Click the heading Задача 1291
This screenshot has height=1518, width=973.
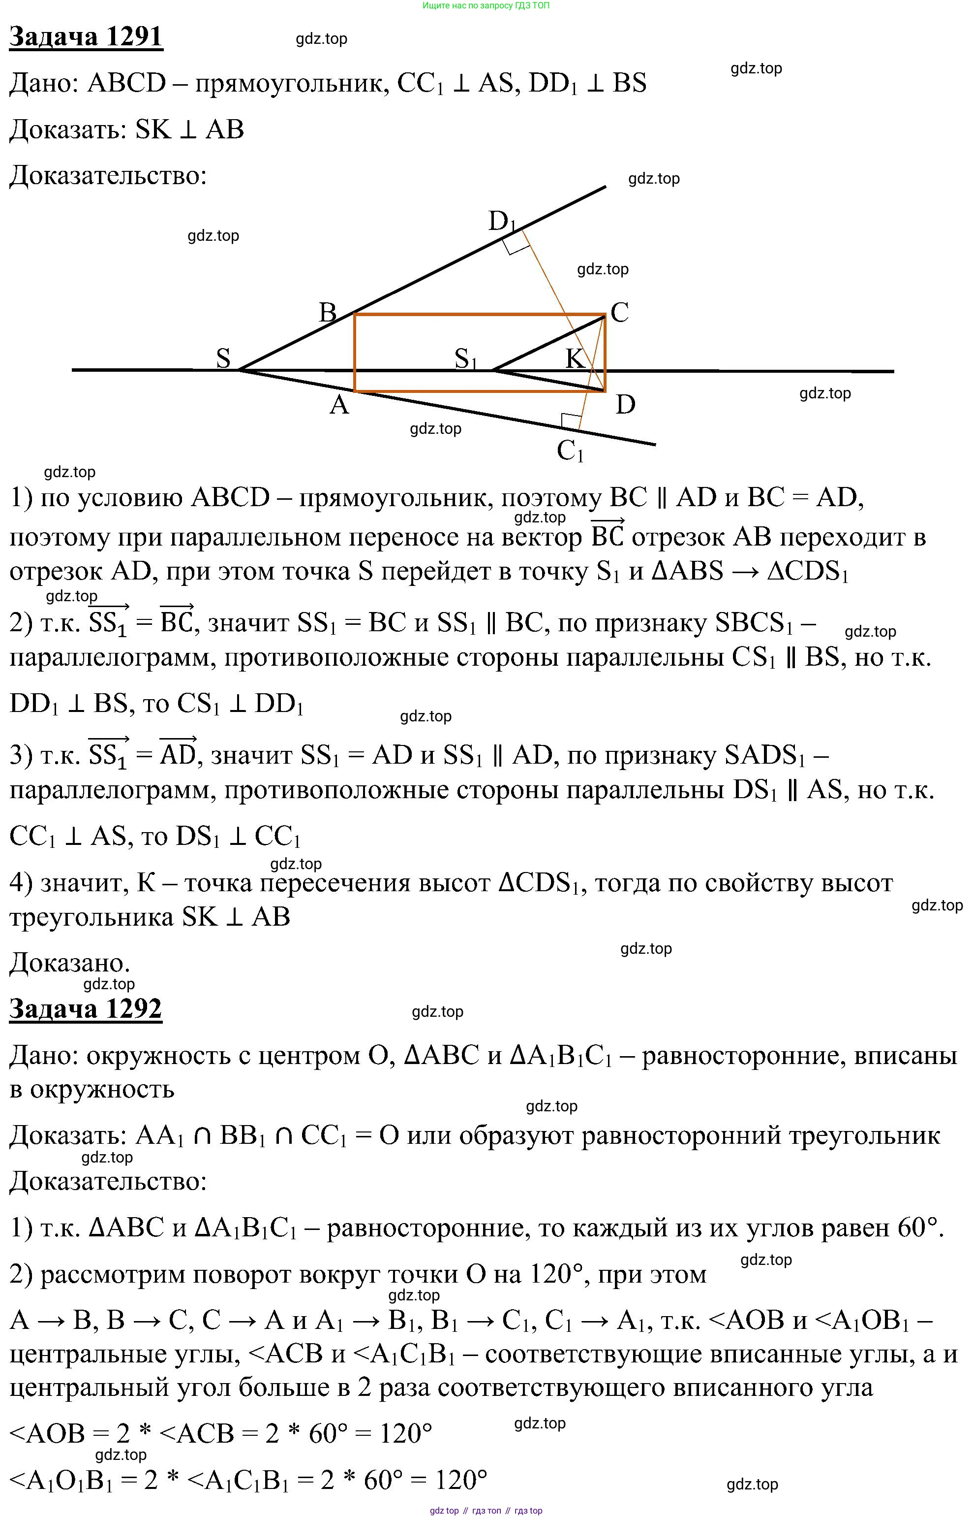[86, 36]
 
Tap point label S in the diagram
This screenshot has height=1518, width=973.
[223, 358]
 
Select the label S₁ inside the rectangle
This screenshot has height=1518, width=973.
[466, 359]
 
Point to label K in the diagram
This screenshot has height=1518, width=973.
[575, 358]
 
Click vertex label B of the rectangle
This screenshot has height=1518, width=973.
[327, 312]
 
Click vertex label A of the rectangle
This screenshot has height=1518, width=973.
[339, 405]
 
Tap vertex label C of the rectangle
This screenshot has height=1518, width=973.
[619, 312]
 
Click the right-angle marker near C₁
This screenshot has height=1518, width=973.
[571, 421]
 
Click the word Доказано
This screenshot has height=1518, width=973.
[69, 963]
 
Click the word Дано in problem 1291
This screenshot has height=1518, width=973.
[42, 83]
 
